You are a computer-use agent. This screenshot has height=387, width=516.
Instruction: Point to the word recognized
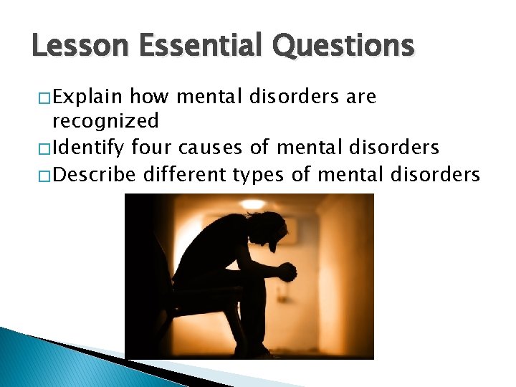(105, 122)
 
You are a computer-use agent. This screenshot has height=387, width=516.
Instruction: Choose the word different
(183, 173)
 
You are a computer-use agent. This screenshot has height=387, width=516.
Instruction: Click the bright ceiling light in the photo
(252, 204)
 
